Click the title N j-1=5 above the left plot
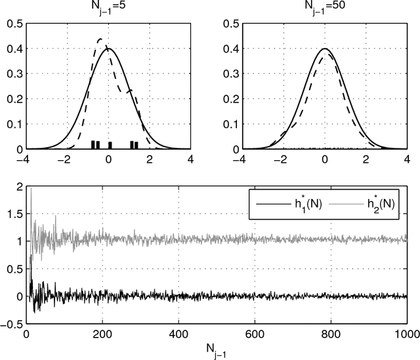click(x=108, y=8)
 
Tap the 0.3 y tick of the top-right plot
click(x=228, y=74)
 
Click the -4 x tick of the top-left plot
click(x=24, y=159)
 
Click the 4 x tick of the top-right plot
click(x=408, y=159)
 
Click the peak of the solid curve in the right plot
click(x=325, y=49)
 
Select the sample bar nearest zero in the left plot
click(x=110, y=145)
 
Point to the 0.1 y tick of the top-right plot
click(x=228, y=124)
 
